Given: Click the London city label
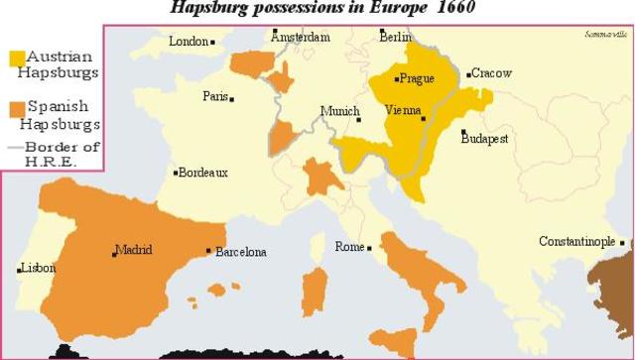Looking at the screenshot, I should click(x=189, y=42).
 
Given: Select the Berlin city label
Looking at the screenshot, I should click(x=395, y=38).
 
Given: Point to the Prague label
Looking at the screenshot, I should click(x=417, y=78).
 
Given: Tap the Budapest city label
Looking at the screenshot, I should click(x=484, y=139).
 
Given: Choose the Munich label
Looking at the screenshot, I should click(x=339, y=112).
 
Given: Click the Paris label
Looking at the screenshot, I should click(x=215, y=96).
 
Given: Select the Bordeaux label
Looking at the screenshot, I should click(x=203, y=173).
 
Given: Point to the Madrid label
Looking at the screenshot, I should click(x=134, y=249).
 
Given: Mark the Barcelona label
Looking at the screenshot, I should click(x=240, y=252).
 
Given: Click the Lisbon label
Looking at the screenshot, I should click(x=38, y=268).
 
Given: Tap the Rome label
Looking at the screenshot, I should click(x=349, y=247).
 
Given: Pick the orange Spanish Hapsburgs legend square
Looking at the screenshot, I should click(x=16, y=107).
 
